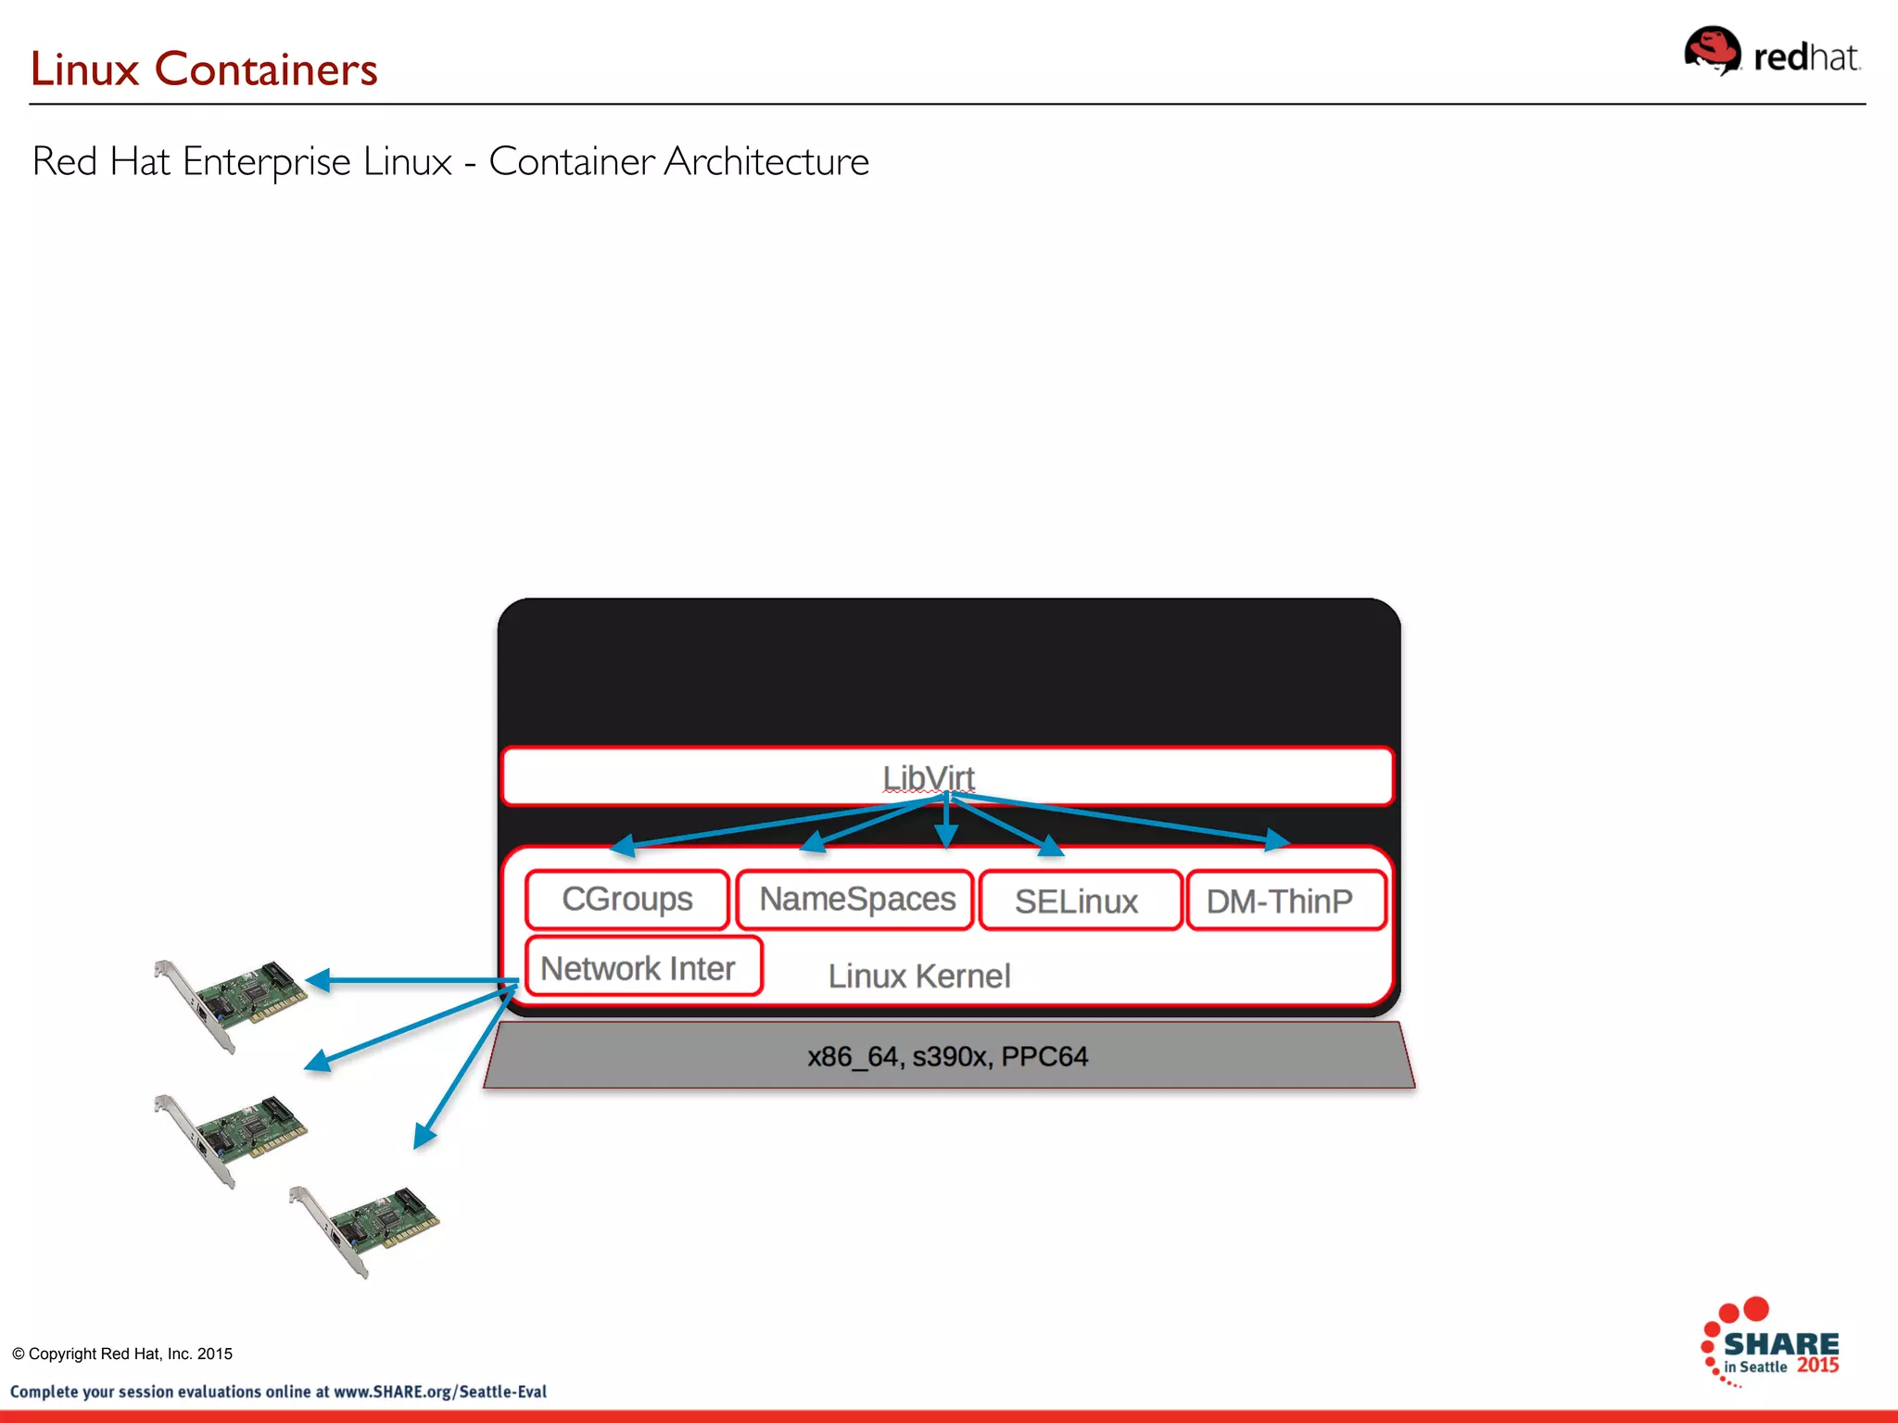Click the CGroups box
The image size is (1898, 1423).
pos(627,900)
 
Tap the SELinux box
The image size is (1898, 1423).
pos(1080,900)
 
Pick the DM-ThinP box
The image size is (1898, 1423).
pos(1284,900)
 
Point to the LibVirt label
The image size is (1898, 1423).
pos(928,777)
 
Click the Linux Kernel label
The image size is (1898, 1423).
pos(918,976)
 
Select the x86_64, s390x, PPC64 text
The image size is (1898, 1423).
pos(947,1056)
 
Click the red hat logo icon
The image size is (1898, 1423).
pos(1713,51)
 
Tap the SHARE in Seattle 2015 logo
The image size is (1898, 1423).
pos(1771,1344)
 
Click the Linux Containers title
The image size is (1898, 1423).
pos(204,69)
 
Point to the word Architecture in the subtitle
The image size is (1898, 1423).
pos(766,161)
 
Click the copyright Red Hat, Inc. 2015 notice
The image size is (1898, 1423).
pos(122,1354)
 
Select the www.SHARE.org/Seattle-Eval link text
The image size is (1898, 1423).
pos(440,1392)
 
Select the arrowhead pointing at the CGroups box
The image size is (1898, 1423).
pos(622,845)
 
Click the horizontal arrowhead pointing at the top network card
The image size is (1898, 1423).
pos(318,980)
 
